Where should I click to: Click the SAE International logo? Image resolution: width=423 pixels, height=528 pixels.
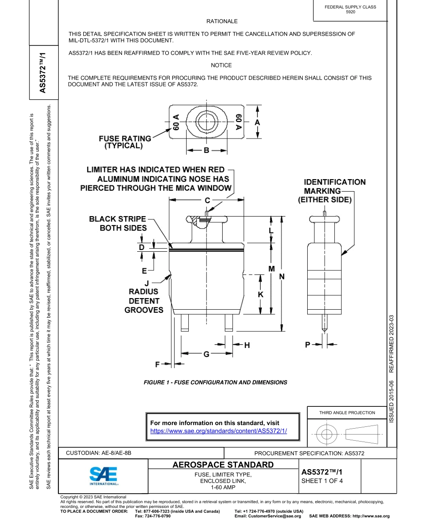click(104, 475)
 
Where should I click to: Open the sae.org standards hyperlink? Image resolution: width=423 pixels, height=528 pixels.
click(218, 431)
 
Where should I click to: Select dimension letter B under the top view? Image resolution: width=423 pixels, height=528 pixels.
click(207, 151)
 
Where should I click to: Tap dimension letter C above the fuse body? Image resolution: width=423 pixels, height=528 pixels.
click(207, 201)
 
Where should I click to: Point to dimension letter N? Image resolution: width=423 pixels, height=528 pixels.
click(281, 277)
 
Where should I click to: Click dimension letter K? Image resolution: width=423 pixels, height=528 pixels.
click(260, 295)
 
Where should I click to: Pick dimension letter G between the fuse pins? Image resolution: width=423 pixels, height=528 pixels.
click(207, 354)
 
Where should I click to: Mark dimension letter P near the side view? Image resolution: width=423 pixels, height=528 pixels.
click(307, 344)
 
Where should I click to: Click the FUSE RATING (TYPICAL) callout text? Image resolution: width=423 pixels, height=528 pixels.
click(124, 142)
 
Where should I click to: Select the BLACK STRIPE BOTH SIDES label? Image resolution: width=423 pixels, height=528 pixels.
click(118, 223)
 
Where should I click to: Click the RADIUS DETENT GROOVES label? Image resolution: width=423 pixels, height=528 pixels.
click(144, 301)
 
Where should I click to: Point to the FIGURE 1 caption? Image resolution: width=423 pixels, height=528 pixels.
click(215, 382)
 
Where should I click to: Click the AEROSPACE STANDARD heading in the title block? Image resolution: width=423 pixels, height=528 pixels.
click(223, 465)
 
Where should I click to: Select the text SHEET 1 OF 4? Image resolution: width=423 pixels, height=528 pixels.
click(322, 481)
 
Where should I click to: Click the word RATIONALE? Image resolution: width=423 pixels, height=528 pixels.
click(222, 21)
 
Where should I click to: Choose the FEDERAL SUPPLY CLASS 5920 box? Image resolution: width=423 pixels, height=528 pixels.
click(350, 10)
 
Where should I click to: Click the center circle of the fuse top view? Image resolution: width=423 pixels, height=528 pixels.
click(207, 122)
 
